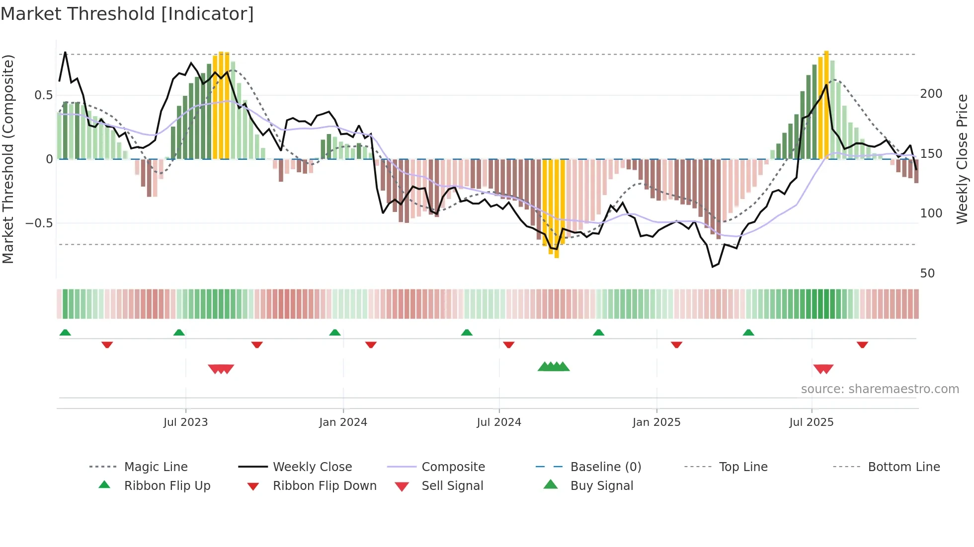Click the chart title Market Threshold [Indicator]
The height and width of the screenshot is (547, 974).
(127, 14)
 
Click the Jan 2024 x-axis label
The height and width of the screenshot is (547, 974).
(343, 422)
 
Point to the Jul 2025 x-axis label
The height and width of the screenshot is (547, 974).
(811, 422)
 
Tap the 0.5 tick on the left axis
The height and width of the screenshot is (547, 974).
(43, 95)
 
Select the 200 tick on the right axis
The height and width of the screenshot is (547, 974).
(931, 94)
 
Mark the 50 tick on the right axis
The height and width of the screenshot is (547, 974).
(927, 273)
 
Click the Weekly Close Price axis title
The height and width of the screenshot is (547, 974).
(962, 159)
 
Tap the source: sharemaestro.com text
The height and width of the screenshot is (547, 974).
(880, 389)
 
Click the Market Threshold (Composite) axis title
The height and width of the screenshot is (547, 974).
(8, 159)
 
